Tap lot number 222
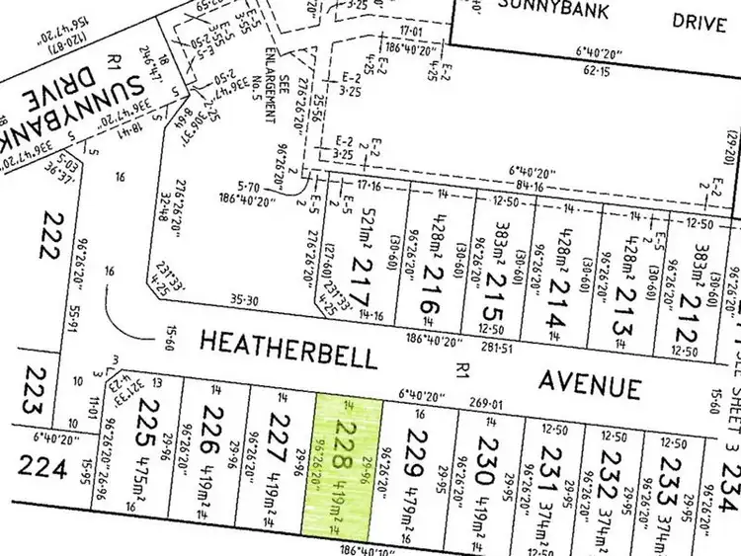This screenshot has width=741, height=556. click(x=46, y=234)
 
